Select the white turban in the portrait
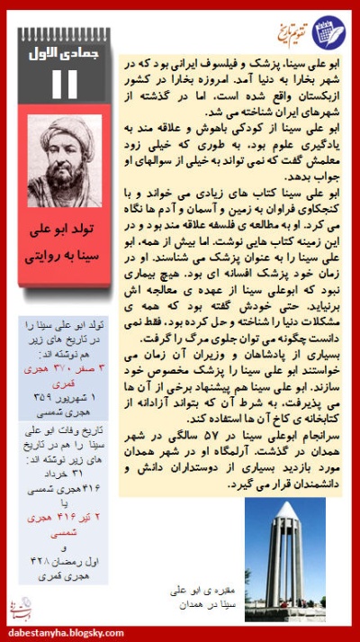pos(66,129)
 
